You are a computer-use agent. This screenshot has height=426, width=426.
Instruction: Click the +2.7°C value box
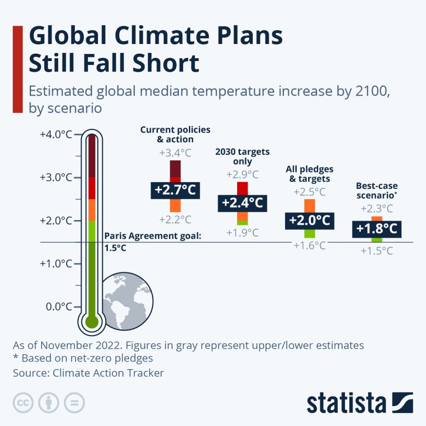tap(175, 190)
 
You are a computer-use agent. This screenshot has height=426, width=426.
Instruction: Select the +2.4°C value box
tap(242, 203)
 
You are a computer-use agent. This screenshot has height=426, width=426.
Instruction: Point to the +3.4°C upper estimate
tap(175, 153)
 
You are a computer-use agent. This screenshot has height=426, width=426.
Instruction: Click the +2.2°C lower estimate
tap(175, 220)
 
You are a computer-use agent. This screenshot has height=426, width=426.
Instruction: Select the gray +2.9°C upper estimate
tap(242, 174)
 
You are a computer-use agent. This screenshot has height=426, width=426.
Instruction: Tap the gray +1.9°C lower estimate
tap(242, 232)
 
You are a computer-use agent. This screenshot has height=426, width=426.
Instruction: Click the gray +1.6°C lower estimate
tap(310, 245)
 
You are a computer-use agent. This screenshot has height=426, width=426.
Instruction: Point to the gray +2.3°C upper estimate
tap(377, 208)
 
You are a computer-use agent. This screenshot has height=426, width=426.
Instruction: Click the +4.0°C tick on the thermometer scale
tap(56, 134)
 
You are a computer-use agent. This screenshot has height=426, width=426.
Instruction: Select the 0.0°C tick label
tap(59, 307)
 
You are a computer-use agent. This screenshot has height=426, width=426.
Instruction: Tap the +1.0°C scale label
tap(56, 264)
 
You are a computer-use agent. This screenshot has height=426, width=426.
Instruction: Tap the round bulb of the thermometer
tap(91, 322)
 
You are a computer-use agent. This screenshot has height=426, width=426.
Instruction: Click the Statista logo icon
tap(401, 402)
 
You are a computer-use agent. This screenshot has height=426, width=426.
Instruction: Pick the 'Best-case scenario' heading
tap(377, 190)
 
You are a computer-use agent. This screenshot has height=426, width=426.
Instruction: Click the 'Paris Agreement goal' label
tap(152, 236)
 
